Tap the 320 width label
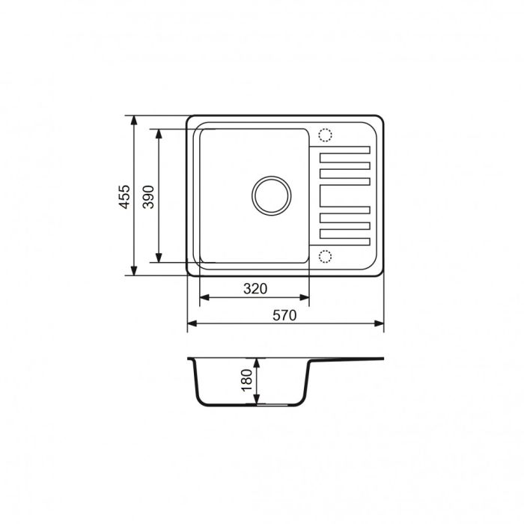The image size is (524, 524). pyautogui.click(x=255, y=288)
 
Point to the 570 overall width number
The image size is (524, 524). pyautogui.click(x=285, y=315)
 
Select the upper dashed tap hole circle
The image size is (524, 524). pyautogui.click(x=325, y=135)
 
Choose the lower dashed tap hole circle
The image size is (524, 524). pyautogui.click(x=325, y=256)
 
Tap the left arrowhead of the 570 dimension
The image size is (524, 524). pyautogui.click(x=190, y=324)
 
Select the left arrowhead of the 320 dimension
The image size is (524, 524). pyautogui.click(x=203, y=297)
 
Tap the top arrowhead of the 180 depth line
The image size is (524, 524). pyautogui.click(x=258, y=362)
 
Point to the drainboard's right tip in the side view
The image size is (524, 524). pyautogui.click(x=383, y=359)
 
